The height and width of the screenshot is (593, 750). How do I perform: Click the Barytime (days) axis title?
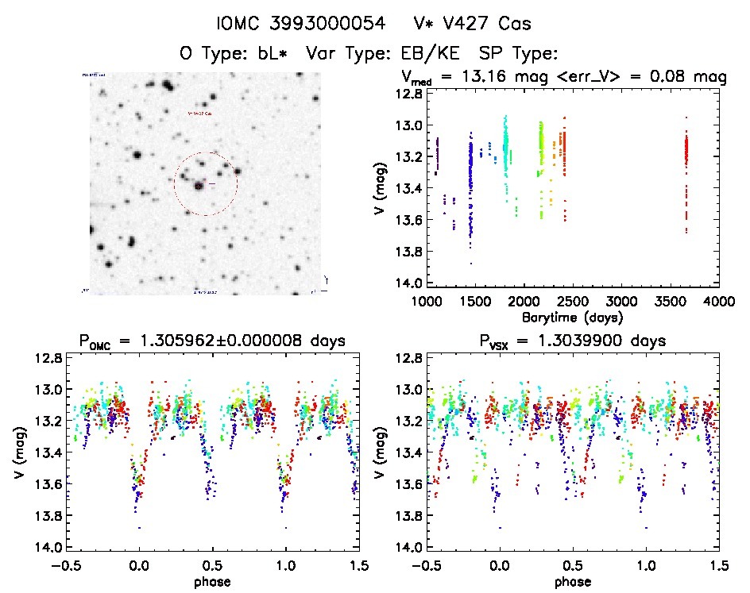[x=572, y=317]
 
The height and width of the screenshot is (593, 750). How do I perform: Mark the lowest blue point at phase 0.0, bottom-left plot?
[x=140, y=528]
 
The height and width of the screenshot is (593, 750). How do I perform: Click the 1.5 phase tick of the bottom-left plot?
[x=358, y=565]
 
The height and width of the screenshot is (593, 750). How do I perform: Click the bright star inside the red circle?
[x=198, y=186]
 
